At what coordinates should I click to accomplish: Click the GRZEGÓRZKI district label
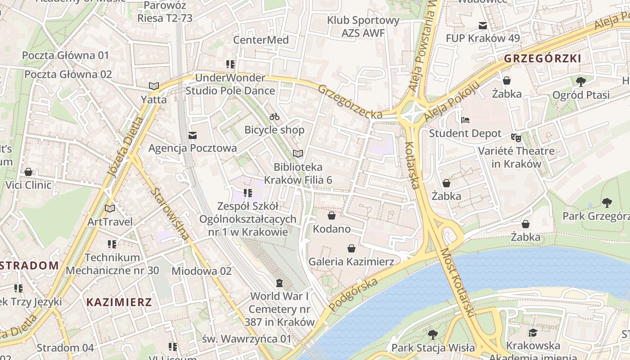click(x=542, y=58)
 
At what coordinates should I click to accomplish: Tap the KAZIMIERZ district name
click(x=119, y=302)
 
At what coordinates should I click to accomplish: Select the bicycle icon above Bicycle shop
click(x=274, y=117)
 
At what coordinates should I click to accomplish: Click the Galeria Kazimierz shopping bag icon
click(x=351, y=248)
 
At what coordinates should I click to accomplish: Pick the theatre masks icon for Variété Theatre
click(x=516, y=137)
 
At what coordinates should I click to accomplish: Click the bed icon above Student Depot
click(x=465, y=120)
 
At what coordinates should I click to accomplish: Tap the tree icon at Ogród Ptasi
click(x=581, y=81)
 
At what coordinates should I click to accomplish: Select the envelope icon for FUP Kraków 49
click(x=483, y=25)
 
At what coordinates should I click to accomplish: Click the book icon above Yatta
click(x=154, y=86)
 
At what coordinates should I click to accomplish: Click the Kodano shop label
click(x=332, y=229)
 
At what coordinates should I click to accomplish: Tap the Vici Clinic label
click(x=28, y=185)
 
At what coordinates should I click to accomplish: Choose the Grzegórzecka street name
click(x=350, y=102)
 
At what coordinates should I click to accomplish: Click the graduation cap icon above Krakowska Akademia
click(x=533, y=333)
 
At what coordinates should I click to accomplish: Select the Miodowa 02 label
click(x=202, y=271)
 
